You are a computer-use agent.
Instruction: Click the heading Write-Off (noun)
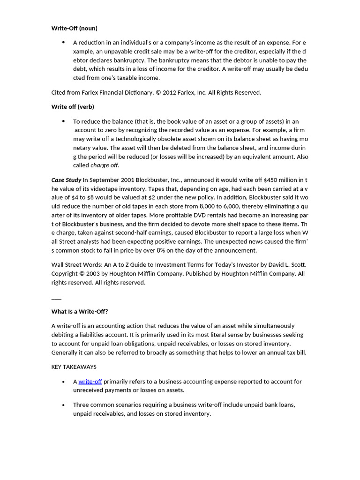pos(74,28)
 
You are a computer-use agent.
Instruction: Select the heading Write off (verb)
pos(73,106)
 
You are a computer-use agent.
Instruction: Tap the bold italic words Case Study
pos(66,180)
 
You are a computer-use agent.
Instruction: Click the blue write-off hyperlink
pos(90,382)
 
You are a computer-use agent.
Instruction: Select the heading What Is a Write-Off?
pos(79,311)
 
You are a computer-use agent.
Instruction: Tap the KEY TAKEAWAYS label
pos(74,367)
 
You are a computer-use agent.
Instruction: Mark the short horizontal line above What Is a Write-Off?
pos(56,299)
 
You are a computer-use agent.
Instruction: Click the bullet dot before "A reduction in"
pos(63,42)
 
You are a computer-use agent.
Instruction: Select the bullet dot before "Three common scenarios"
pos(63,405)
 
